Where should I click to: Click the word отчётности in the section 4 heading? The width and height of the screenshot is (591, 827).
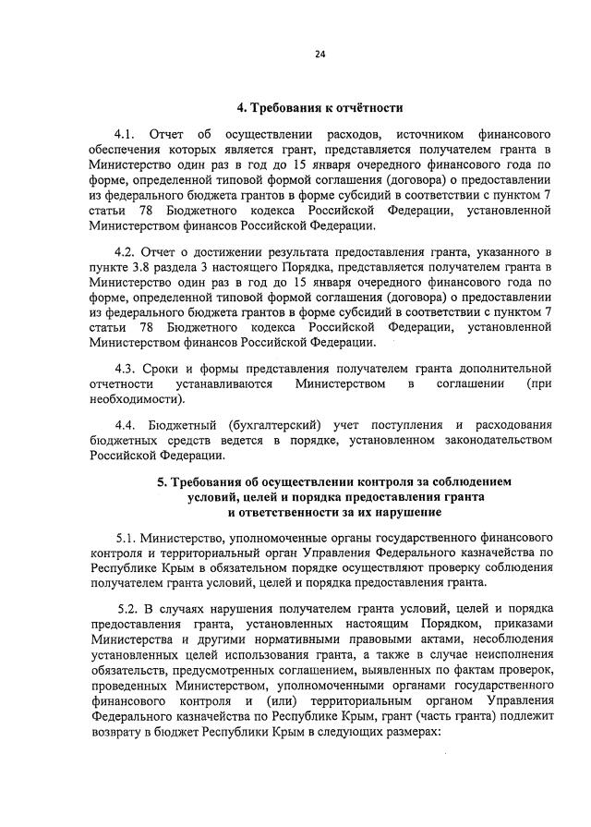[x=363, y=109]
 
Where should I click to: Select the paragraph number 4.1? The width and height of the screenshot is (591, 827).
[x=127, y=135]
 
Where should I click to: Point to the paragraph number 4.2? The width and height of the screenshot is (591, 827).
[x=127, y=251]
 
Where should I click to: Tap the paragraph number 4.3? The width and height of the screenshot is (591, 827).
[x=127, y=369]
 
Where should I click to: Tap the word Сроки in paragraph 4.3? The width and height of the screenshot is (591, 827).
[x=174, y=369]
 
